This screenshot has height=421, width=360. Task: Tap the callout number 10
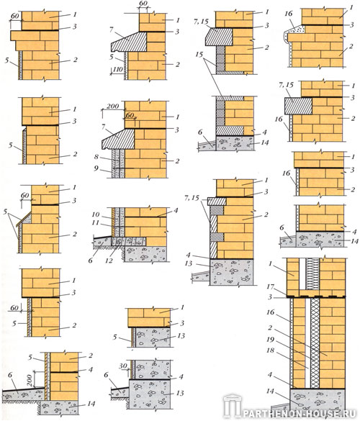click(x=95, y=214)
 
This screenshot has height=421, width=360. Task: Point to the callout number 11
click(x=95, y=223)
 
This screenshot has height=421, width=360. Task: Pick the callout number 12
click(x=109, y=261)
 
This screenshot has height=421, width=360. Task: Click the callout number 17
click(x=270, y=287)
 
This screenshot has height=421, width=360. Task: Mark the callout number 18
click(x=270, y=350)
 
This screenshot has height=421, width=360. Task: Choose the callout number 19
click(x=270, y=340)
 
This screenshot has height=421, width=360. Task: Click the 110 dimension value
click(x=117, y=70)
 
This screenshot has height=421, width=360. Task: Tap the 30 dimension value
click(x=123, y=366)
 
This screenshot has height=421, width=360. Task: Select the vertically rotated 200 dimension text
click(x=30, y=380)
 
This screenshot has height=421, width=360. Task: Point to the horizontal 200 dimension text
click(x=112, y=106)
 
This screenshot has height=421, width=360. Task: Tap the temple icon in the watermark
click(x=233, y=405)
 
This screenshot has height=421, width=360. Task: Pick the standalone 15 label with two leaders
click(x=199, y=55)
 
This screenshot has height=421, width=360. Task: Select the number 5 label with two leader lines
click(x=5, y=212)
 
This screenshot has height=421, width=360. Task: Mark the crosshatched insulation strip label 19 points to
click(x=315, y=343)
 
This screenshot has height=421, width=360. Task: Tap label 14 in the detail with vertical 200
click(x=91, y=404)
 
